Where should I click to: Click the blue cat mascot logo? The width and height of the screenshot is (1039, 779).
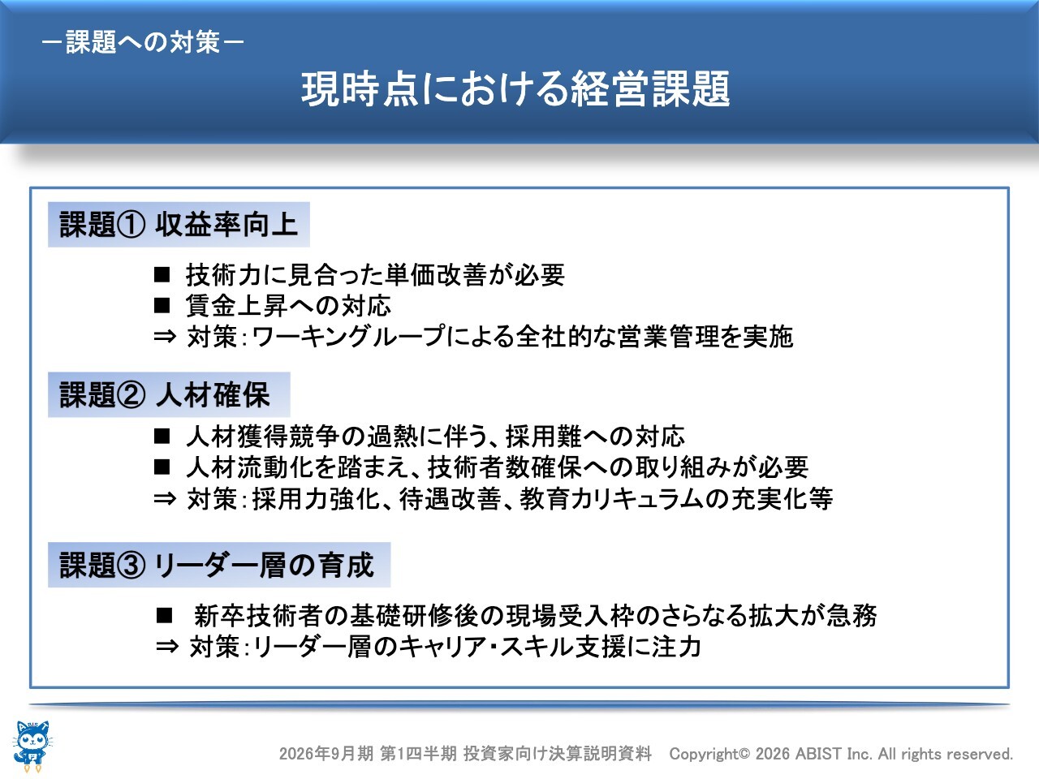32,746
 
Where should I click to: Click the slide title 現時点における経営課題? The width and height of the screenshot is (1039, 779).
515,89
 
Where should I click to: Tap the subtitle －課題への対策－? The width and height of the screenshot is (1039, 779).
143,42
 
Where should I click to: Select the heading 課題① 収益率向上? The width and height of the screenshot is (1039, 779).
179,224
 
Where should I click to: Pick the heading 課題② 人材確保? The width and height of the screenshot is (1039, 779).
165,394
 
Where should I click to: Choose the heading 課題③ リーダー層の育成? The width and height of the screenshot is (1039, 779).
217,565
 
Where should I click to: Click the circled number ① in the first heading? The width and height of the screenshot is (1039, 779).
131,225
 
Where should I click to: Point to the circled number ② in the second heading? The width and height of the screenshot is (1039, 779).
131,395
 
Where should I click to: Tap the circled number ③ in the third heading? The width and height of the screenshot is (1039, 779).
131,566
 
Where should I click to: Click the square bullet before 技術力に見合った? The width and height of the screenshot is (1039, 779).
162,275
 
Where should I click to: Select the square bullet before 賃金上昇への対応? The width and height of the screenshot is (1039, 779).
162,306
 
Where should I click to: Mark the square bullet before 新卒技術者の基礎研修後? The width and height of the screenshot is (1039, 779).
164,615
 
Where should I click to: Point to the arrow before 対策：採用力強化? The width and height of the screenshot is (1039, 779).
165,498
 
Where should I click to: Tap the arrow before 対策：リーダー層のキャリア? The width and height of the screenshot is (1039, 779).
167,647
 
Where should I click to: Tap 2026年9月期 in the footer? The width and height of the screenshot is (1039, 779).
326,754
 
